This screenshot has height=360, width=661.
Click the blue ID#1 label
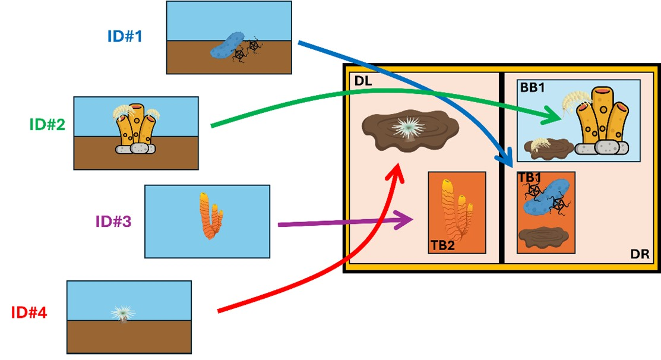click(x=125, y=37)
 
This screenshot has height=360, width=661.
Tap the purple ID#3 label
click(x=113, y=222)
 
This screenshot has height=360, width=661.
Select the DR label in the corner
click(x=639, y=254)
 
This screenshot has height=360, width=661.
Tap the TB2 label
click(x=442, y=245)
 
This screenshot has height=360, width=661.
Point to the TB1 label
click(x=529, y=178)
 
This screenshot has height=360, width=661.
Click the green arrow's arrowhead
click(x=555, y=117)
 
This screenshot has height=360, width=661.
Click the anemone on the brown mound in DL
click(x=409, y=127)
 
